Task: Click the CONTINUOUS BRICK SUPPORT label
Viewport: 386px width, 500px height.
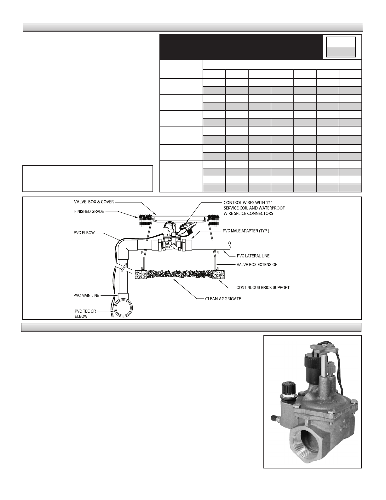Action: coord(263,287)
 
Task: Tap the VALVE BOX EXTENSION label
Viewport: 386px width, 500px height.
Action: coord(257,264)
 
